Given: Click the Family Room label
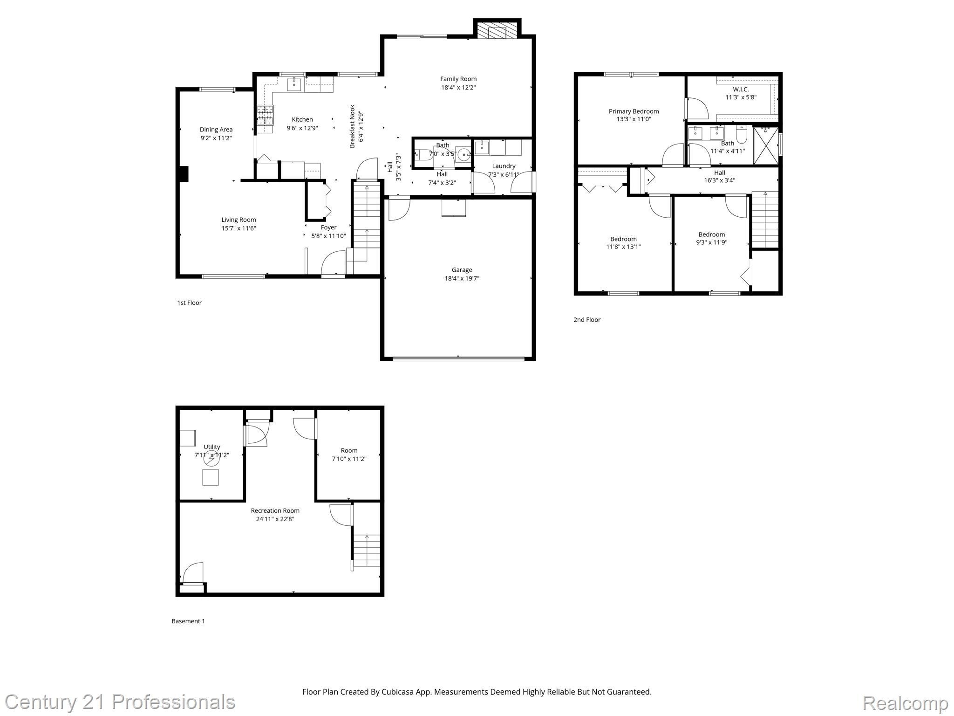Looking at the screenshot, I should [458, 79].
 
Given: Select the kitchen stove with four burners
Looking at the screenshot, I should [265, 115].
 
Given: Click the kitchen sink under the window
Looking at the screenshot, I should [293, 85].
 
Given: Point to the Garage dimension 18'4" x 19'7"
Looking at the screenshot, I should [462, 278].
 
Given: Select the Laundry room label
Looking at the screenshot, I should [504, 166].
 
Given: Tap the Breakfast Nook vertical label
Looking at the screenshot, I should [353, 126].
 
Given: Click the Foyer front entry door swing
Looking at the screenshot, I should [333, 263].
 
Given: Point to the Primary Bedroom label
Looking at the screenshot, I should [634, 111].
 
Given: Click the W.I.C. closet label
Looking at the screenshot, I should [741, 89].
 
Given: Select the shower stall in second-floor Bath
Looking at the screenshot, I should [766, 145].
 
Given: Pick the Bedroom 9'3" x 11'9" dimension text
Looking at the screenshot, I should [711, 242].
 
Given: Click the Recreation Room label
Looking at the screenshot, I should [275, 510].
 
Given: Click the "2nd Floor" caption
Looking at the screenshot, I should [586, 320].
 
